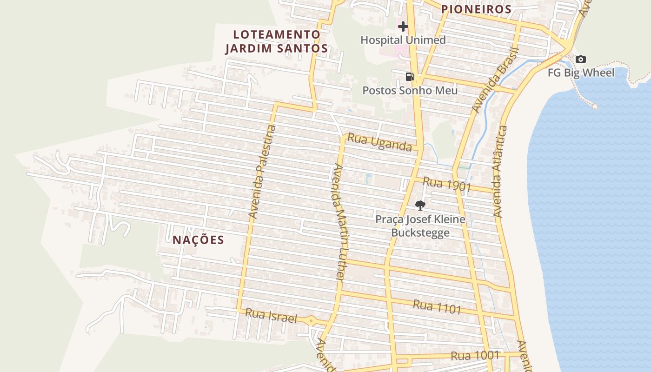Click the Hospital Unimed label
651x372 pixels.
click(403, 40)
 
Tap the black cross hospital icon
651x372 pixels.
click(403, 27)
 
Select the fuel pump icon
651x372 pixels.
click(410, 77)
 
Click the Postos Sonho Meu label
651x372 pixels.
click(410, 90)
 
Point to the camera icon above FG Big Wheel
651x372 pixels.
click(580, 59)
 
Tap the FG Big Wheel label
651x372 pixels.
click(581, 73)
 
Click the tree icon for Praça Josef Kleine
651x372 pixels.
click(420, 205)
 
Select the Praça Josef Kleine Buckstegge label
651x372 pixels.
click(420, 226)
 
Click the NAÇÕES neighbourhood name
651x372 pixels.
click(199, 240)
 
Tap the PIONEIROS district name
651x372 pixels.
click(476, 9)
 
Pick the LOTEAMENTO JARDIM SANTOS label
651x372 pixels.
click(277, 41)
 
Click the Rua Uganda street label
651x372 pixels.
click(379, 142)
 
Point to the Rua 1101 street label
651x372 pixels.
click(437, 306)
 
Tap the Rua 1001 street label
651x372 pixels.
click(474, 356)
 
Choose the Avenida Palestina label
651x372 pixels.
click(262, 172)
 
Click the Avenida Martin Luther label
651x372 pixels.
click(338, 222)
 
